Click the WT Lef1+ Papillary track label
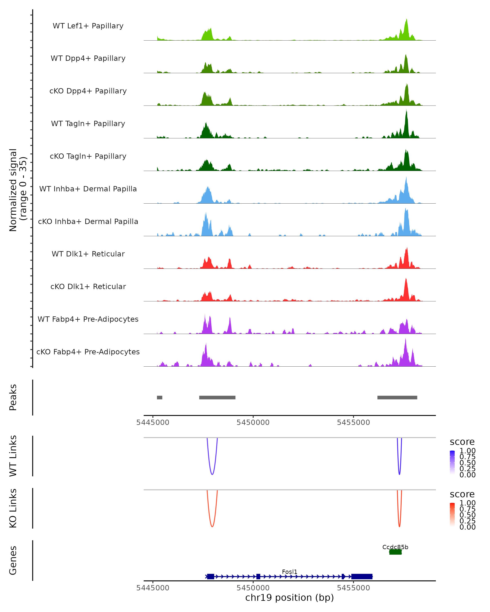[88, 26]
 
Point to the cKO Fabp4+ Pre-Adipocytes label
[88, 352]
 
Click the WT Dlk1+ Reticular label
[88, 254]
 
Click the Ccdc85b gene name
[395, 547]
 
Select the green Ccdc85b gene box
[395, 552]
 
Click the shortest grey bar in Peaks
[160, 397]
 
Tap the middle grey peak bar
[217, 397]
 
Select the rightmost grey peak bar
[397, 397]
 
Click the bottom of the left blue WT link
[212, 474]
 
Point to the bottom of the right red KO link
[399, 527]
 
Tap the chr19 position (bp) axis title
[290, 598]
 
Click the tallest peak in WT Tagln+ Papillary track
[406, 111]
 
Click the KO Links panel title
[13, 508]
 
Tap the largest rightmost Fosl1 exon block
[362, 576]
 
